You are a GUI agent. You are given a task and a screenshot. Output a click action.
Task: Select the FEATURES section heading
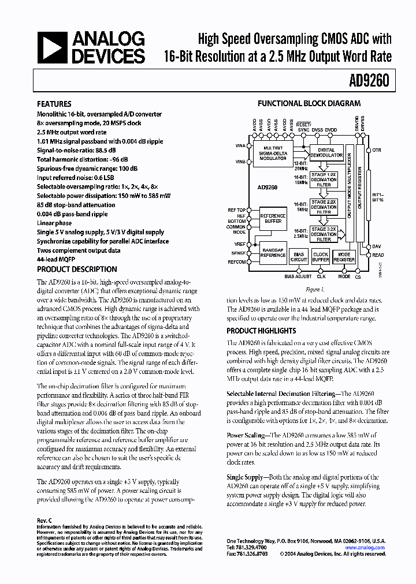pos(54,104)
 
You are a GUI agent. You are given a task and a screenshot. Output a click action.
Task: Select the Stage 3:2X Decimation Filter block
pos(324,234)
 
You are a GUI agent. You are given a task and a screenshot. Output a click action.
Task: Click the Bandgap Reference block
pos(272,252)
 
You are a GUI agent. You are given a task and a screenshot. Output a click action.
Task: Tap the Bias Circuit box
pos(298,257)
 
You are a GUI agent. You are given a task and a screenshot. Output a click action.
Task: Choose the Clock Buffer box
pos(320,257)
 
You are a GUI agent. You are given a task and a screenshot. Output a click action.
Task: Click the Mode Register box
pos(344,257)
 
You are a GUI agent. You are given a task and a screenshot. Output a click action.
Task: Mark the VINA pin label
pos(240,147)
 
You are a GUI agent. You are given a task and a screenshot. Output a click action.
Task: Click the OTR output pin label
pos(377,150)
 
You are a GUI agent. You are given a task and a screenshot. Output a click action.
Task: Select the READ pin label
pos(378,255)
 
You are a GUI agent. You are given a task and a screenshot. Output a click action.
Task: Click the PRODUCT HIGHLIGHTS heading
pos(261,331)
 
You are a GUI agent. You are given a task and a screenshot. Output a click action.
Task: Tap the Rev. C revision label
pos(44,520)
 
